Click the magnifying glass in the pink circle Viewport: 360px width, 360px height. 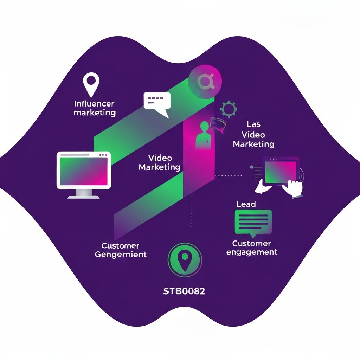[x=204, y=82]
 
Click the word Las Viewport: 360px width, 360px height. [x=253, y=124]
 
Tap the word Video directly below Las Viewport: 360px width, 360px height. [x=253, y=135]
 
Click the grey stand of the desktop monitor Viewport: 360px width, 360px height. [x=84, y=193]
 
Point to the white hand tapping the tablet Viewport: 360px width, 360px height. [x=292, y=188]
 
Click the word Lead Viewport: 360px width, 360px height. [x=246, y=204]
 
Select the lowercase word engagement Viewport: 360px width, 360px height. [x=252, y=252]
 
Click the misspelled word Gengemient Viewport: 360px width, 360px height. [x=121, y=254]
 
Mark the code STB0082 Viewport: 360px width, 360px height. [x=185, y=291]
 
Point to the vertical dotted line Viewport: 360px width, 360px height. [x=191, y=211]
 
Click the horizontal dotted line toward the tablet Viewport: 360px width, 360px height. [x=229, y=175]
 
